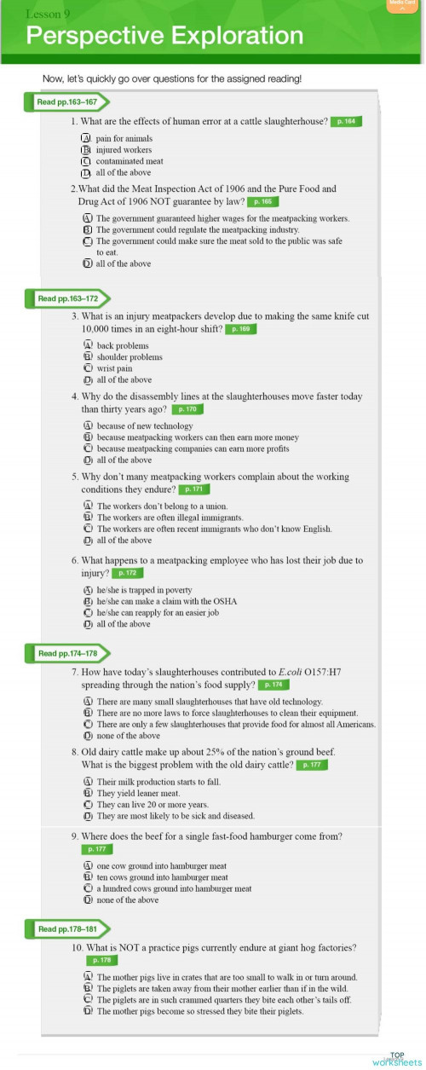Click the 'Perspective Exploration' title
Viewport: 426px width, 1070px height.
coord(164,37)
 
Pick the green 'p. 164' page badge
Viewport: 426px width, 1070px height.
coord(347,122)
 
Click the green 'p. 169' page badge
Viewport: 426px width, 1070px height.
coord(240,328)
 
